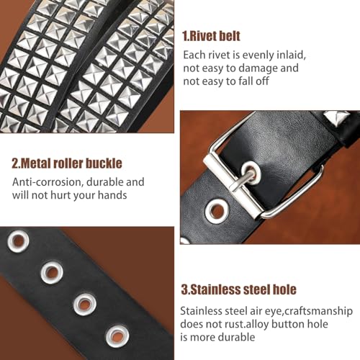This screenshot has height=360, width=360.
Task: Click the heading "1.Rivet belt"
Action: click(211, 36)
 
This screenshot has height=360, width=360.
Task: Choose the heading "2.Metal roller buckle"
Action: click(67, 163)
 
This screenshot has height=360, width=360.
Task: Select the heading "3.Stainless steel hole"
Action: click(238, 290)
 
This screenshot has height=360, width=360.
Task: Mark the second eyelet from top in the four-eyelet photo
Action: click(51, 273)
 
